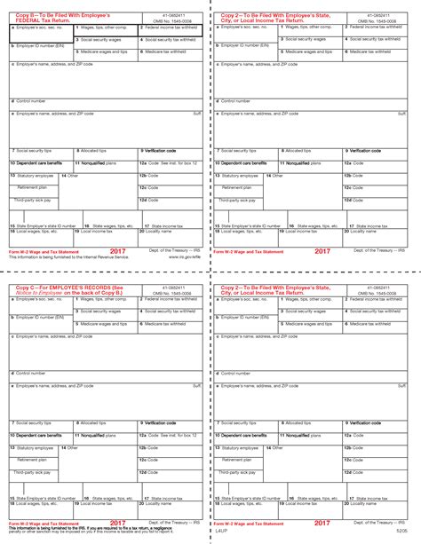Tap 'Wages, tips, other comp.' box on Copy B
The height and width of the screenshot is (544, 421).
point(105,28)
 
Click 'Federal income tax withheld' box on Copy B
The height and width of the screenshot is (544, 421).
point(171,28)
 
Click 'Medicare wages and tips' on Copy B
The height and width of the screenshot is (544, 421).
point(105,52)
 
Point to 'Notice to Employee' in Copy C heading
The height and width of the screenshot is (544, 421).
point(36,293)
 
